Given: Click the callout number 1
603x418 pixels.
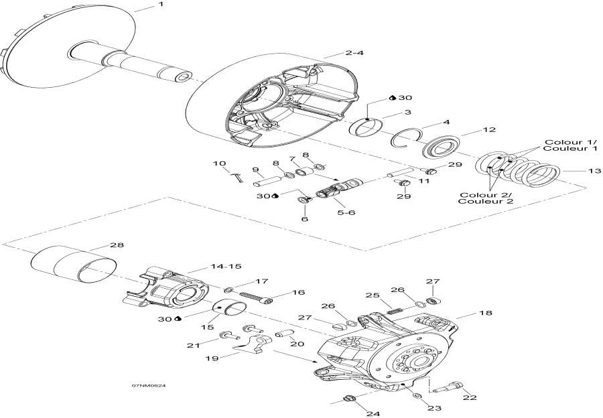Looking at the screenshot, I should pos(160,5).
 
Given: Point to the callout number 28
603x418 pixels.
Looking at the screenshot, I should pos(117,245).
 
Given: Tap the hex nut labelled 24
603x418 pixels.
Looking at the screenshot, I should pos(348,400).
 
